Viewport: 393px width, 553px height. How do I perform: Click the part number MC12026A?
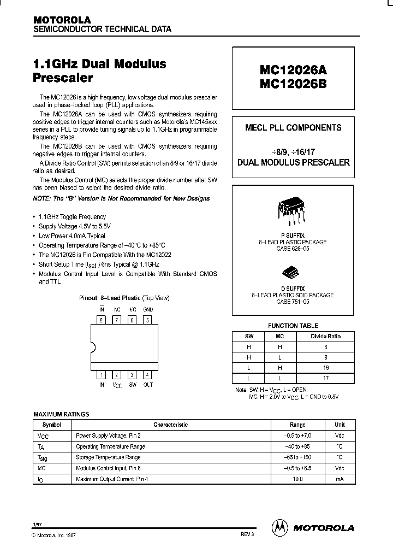[x=293, y=70]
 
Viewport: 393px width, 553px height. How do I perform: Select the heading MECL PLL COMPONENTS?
[x=293, y=128]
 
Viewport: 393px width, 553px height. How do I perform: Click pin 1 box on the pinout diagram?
[x=101, y=375]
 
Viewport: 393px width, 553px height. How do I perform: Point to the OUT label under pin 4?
[x=148, y=385]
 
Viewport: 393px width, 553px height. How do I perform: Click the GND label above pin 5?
[x=148, y=309]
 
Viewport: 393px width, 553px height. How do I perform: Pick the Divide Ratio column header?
[x=325, y=336]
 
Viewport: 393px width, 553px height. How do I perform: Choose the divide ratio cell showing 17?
[x=325, y=378]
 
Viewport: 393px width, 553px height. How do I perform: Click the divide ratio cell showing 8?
[x=325, y=346]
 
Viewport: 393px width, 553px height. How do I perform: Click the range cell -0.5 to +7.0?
[x=297, y=436]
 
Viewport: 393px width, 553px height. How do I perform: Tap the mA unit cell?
[x=340, y=479]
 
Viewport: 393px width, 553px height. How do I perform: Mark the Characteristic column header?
[x=170, y=425]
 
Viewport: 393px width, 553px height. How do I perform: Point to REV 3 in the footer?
[x=247, y=534]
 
